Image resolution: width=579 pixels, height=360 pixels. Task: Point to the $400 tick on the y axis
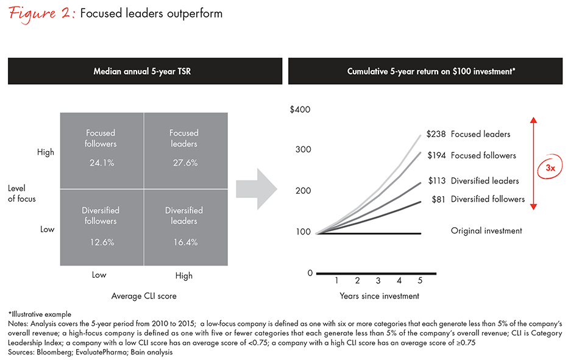(299, 110)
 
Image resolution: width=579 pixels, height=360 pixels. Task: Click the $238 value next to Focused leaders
(436, 134)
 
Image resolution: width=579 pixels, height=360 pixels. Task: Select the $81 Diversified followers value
(442, 199)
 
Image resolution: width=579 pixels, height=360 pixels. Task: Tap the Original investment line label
(486, 231)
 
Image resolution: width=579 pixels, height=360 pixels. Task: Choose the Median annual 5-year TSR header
(142, 71)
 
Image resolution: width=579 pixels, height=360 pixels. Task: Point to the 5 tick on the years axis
(419, 281)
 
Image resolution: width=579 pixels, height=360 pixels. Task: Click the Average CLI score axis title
(142, 296)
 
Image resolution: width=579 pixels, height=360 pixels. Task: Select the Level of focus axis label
(21, 194)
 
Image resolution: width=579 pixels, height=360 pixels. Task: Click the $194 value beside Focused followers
(436, 156)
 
